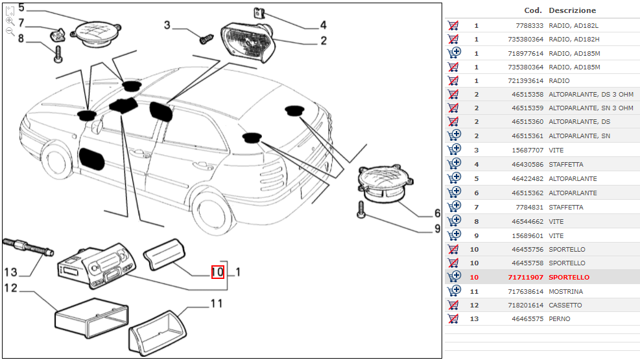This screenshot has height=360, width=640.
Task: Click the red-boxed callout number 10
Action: coord(218,272)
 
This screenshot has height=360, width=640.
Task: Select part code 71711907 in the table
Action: coord(525,277)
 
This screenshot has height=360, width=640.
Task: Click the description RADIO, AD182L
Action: coord(573,25)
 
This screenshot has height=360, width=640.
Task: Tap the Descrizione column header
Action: coord(573,10)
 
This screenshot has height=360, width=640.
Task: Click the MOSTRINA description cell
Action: coord(565,291)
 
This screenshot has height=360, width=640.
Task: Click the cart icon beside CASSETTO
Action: coord(453,305)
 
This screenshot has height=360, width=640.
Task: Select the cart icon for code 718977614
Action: coord(454,53)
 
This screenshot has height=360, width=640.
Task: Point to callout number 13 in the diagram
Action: coord(10,272)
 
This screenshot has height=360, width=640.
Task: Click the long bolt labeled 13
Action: coord(28,246)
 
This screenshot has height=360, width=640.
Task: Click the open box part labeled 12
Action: coord(91,318)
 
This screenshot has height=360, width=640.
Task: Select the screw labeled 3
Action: coord(207,39)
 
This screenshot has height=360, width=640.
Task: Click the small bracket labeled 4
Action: coord(258,13)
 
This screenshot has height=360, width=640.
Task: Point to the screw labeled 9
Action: coord(361,209)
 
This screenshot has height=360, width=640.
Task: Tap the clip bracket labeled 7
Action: coord(58,35)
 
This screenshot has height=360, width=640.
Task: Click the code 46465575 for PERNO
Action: coord(527,318)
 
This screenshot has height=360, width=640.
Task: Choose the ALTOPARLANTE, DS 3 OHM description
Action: coord(591,94)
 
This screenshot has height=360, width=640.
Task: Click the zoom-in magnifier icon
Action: coord(10,21)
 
